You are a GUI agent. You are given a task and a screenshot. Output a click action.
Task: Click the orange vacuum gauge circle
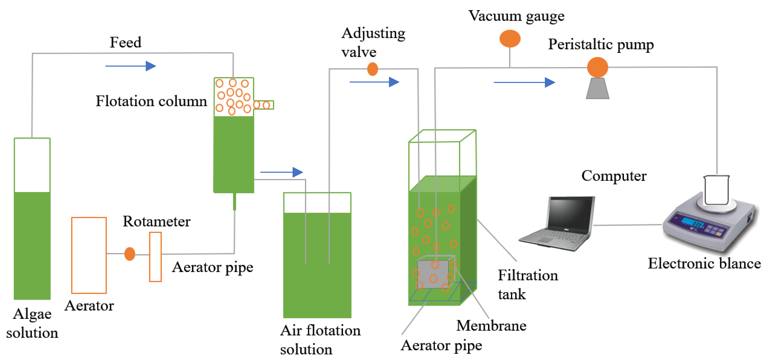[x=510, y=38]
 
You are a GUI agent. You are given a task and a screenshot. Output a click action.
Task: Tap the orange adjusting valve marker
[x=372, y=69]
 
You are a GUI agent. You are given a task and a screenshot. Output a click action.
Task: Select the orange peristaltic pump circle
[x=597, y=67]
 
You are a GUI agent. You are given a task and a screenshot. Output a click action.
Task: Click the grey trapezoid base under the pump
[x=597, y=89]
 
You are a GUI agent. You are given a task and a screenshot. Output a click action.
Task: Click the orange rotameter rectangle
[x=155, y=257]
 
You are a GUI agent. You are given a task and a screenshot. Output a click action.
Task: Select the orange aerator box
[x=89, y=255]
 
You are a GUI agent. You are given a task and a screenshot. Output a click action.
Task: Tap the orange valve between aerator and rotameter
[x=130, y=254]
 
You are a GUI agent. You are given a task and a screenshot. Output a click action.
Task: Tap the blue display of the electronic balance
[x=692, y=222]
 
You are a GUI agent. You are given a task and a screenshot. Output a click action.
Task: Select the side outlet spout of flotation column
[x=264, y=105]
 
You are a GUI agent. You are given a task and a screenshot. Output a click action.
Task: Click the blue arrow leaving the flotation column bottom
[x=281, y=172]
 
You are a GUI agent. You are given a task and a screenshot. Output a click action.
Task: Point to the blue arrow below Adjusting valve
[x=374, y=82]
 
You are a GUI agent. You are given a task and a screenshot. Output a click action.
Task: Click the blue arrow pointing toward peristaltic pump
[x=524, y=82]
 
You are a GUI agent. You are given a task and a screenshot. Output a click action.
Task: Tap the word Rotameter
[x=157, y=222]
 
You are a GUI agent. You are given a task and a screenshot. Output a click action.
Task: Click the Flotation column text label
[x=151, y=101]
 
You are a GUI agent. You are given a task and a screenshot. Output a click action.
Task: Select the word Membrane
[x=491, y=325]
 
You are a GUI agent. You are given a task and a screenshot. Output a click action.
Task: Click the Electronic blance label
[x=704, y=263]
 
